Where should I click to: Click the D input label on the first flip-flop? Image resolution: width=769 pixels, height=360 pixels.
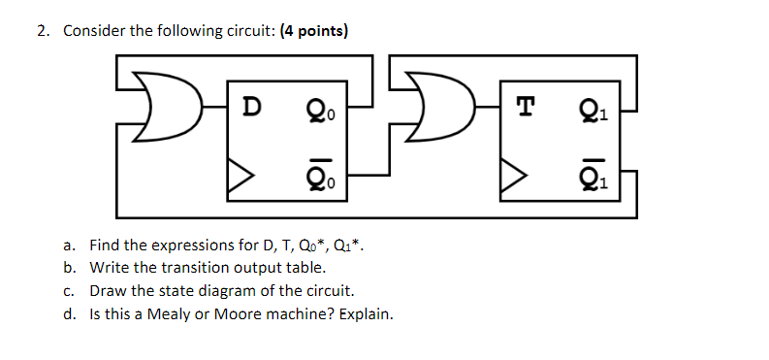click(x=250, y=106)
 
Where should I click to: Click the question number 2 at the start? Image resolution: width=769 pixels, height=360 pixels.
click(x=44, y=31)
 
